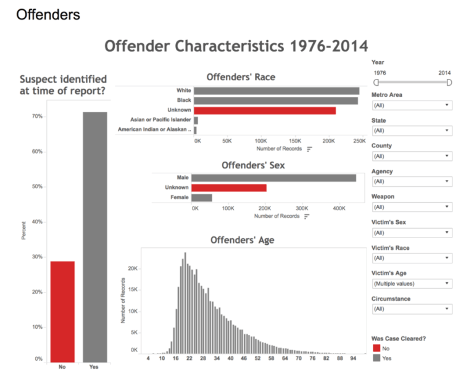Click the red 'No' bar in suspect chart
pos(62,311)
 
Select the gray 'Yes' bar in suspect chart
pos(95,237)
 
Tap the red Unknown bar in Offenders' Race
pos(265,110)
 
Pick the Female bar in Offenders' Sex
pos(202,197)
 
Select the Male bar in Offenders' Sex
pos(275,178)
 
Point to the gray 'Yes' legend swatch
pos(376,358)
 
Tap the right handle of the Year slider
pos(449,82)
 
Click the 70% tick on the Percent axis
pos(38,117)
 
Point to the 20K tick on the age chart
pos(133,268)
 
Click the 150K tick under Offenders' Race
pos(294,141)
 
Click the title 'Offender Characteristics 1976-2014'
pos(236,46)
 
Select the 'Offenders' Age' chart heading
pos(242,239)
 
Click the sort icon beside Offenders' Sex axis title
pos(306,216)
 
